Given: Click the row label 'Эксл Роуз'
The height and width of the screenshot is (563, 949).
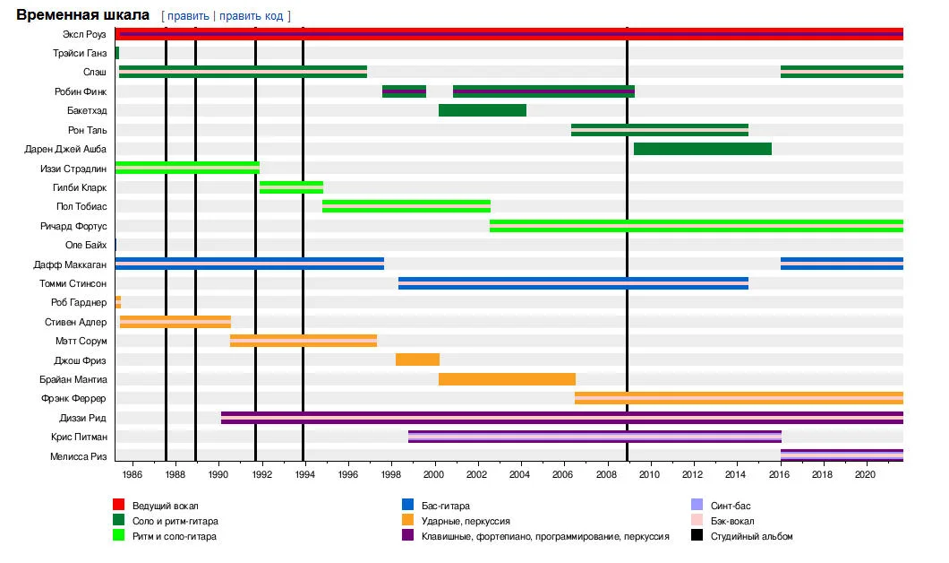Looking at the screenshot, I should [85, 34].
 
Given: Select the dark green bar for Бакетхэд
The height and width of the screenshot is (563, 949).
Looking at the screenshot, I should [482, 110].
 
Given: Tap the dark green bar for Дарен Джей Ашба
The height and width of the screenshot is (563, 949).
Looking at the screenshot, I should [702, 149].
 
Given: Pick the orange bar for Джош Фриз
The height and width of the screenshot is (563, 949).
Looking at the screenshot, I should [417, 359].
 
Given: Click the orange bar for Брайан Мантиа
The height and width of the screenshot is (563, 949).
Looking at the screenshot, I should [507, 379].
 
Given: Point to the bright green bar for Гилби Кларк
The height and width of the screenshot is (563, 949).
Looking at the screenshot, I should [291, 187].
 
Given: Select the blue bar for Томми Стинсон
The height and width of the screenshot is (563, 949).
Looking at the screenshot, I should [573, 283].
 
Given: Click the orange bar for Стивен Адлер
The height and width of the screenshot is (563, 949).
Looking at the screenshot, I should [175, 322].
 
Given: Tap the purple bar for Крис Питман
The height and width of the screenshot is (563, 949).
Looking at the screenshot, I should [594, 437].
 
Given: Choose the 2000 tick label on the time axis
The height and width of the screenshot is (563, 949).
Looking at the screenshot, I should [434, 473].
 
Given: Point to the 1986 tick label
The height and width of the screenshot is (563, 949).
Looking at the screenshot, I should [132, 473].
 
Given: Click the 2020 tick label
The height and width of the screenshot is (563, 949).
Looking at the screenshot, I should [865, 473].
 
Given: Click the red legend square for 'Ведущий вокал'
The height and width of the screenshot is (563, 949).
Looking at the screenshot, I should [118, 507].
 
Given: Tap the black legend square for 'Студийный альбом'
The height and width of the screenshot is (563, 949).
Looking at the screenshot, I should [697, 536].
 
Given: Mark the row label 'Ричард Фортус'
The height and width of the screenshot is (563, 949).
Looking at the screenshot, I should [74, 226].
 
